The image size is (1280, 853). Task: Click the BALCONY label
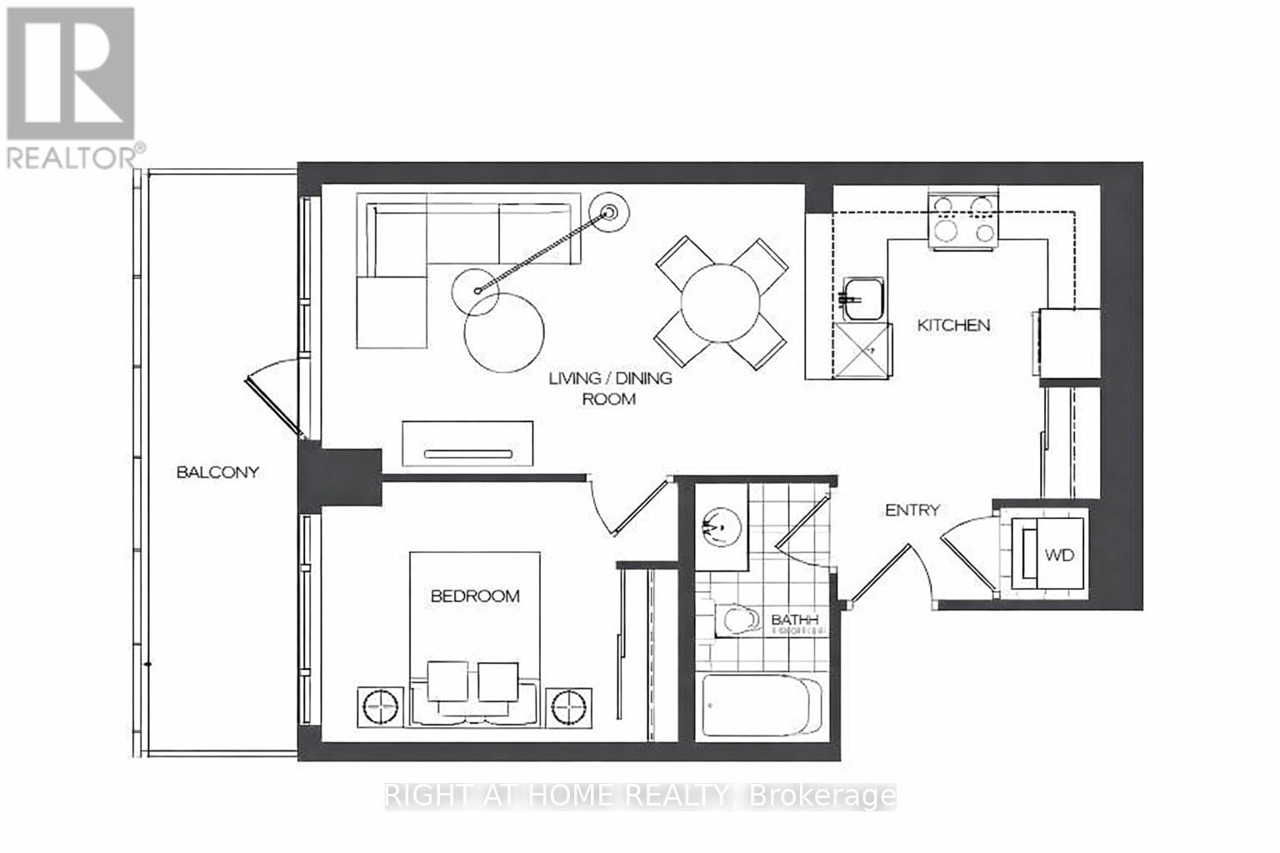pyautogui.click(x=217, y=471)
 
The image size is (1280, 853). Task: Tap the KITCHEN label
pyautogui.click(x=953, y=325)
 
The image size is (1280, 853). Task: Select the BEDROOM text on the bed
pyautogui.click(x=474, y=596)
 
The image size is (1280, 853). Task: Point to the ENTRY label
pyautogui.click(x=912, y=510)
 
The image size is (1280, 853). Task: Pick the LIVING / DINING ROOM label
pyautogui.click(x=609, y=388)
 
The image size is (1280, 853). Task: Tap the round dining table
pyautogui.click(x=720, y=302)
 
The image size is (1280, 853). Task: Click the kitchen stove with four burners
pyautogui.click(x=964, y=222)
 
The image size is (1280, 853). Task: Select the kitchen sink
pyautogui.click(x=859, y=298)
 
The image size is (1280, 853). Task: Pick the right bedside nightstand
pyautogui.click(x=569, y=709)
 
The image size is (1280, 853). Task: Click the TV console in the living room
pyautogui.click(x=467, y=444)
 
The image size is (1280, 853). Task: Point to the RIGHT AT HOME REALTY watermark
pyautogui.click(x=640, y=796)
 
